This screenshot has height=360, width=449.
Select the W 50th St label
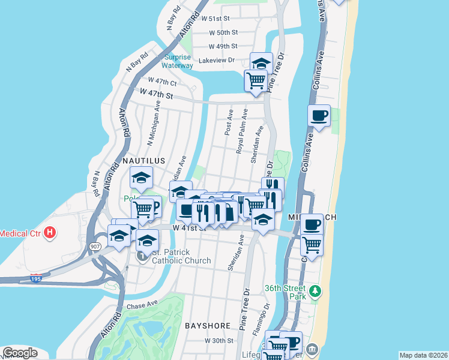(223, 32)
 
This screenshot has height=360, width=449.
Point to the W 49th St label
(223, 46)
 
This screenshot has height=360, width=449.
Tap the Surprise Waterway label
(178, 61)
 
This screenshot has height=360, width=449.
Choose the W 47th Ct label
(162, 82)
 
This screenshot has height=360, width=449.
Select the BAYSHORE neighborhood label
(207, 326)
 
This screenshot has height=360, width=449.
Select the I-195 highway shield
(37, 278)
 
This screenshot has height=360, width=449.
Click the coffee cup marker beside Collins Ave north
(319, 115)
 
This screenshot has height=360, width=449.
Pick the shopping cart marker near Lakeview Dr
(256, 80)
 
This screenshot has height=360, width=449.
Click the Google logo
(20, 353)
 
